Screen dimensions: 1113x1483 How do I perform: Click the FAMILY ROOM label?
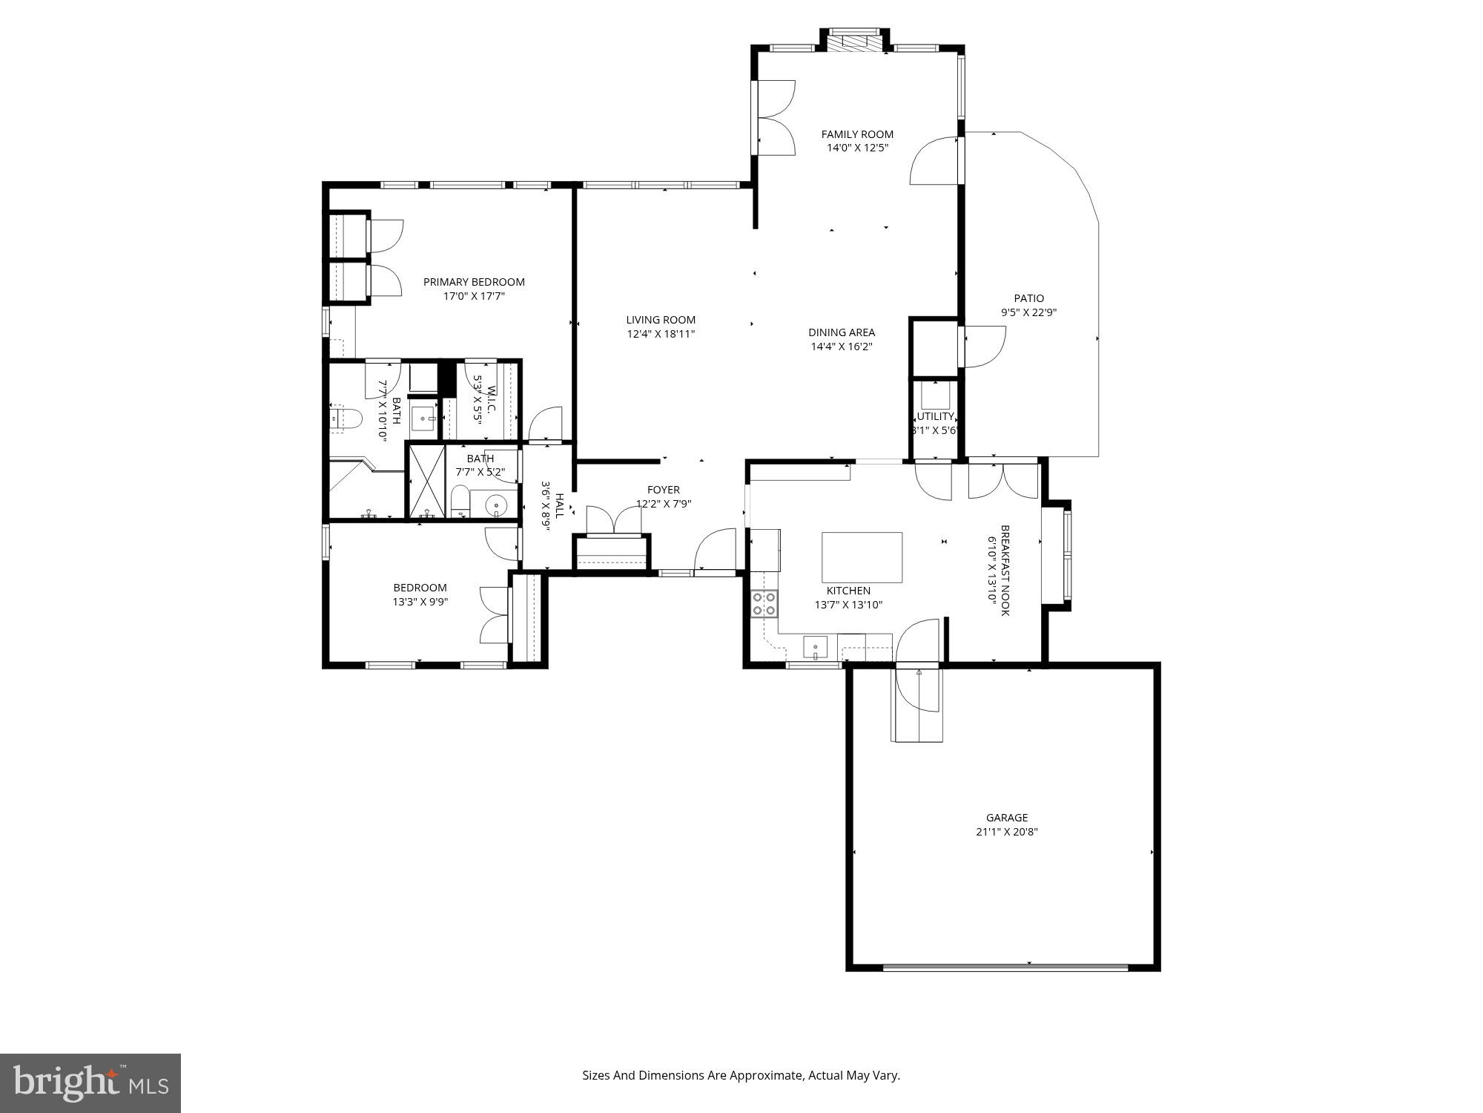click(x=857, y=134)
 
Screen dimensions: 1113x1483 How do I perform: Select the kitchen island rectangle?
click(x=862, y=557)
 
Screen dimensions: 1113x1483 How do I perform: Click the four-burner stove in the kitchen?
click(x=764, y=603)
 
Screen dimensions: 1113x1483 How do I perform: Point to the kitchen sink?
click(x=815, y=647)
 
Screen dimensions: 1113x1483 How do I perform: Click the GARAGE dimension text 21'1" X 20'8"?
click(x=1006, y=832)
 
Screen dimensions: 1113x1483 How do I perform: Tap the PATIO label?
click(x=1028, y=298)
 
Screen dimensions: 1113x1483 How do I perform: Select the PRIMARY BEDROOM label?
click(x=474, y=282)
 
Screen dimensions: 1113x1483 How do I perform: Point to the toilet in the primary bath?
click(x=346, y=419)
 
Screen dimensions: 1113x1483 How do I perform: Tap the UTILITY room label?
click(x=935, y=416)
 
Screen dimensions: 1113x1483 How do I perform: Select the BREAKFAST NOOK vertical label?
click(x=1005, y=570)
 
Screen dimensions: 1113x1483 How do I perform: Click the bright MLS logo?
click(x=90, y=1083)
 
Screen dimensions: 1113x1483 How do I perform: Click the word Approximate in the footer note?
click(x=765, y=1075)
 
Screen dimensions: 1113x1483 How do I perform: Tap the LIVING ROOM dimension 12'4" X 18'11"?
click(x=661, y=334)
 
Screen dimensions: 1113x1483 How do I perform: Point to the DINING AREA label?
click(x=841, y=332)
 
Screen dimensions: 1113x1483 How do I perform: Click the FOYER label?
click(x=663, y=490)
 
